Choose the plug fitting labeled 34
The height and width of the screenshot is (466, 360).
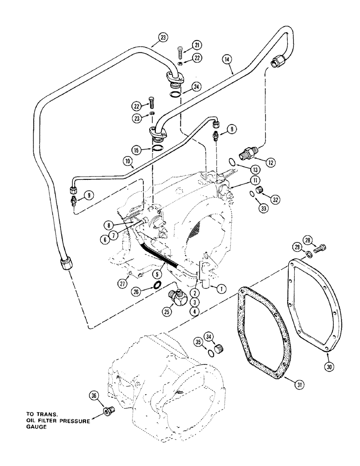coord(222,347)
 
